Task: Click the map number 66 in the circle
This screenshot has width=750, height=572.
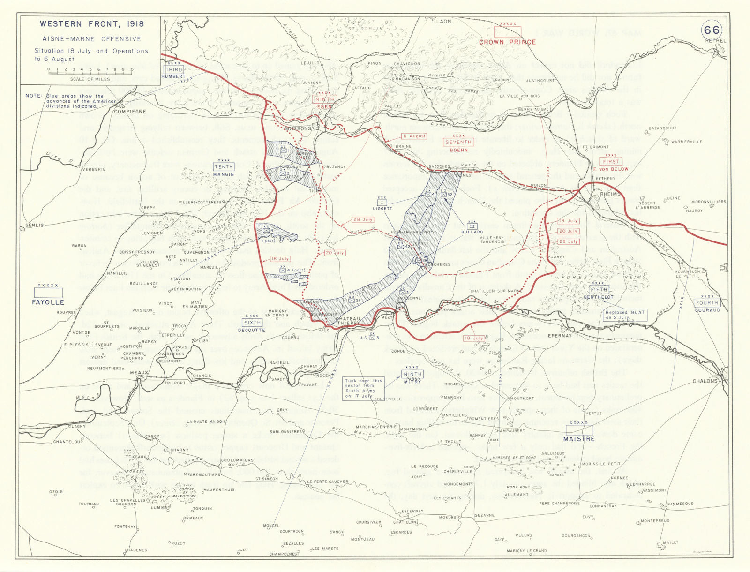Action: point(711,30)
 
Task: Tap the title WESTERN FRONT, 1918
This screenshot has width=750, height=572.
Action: point(92,24)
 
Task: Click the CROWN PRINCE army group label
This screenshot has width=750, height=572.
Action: point(507,42)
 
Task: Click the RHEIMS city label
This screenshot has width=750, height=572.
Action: point(610,194)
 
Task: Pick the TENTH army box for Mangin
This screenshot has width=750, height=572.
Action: point(224,166)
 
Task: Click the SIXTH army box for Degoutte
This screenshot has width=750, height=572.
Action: point(252,323)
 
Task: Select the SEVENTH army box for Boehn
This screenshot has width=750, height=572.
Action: point(458,142)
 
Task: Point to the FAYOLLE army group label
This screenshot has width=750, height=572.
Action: point(48,302)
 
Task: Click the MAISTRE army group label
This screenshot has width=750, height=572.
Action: point(579,439)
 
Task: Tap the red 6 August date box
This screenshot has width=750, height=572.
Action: point(414,136)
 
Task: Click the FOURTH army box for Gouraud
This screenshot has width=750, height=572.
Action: point(707,303)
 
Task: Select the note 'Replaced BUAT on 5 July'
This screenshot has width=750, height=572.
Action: point(625,315)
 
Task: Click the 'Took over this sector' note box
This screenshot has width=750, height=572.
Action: point(363,388)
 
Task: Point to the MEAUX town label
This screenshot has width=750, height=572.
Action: point(139,373)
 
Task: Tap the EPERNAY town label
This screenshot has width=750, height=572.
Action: point(560,336)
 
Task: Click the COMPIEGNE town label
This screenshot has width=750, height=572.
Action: point(130,112)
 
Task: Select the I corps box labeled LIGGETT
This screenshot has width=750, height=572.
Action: point(382,203)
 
